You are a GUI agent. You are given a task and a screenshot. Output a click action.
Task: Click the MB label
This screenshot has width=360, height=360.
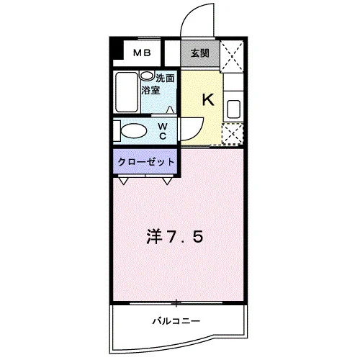click(x=142, y=53)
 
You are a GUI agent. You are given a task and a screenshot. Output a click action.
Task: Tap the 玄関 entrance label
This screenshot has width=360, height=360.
click(x=199, y=53)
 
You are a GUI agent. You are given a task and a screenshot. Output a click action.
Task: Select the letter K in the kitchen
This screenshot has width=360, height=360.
click(x=208, y=99)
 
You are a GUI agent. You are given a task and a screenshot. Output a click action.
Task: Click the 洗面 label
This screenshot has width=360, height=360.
click(x=165, y=78)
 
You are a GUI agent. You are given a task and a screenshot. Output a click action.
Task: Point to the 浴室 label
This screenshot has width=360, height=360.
click(x=150, y=90)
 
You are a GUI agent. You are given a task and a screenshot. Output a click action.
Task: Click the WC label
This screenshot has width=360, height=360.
click(x=163, y=131)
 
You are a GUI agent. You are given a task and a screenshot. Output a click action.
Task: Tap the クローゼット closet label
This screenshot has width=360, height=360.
click(x=145, y=162)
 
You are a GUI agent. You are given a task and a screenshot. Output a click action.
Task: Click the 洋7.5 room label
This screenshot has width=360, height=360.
click(x=175, y=237)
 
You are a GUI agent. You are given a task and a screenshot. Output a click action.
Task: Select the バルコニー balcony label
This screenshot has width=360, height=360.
click(x=176, y=321)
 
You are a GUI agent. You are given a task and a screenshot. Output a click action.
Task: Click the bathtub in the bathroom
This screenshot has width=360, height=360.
click(x=127, y=92)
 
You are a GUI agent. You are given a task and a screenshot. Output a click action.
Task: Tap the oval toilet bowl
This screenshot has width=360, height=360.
click(x=134, y=131)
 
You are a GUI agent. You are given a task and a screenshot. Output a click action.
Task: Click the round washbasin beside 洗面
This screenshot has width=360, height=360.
click(x=147, y=76)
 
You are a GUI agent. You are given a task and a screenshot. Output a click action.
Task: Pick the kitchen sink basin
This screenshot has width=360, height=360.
click(x=233, y=109)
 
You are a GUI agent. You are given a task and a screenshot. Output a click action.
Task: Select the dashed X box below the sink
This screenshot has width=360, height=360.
click(x=233, y=134)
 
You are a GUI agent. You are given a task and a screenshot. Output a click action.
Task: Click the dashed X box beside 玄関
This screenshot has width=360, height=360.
click(x=232, y=57)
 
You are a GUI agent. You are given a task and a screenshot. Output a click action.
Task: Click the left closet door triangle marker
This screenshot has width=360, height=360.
click(x=124, y=181)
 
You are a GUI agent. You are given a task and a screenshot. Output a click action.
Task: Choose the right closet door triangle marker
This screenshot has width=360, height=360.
click(x=167, y=181)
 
